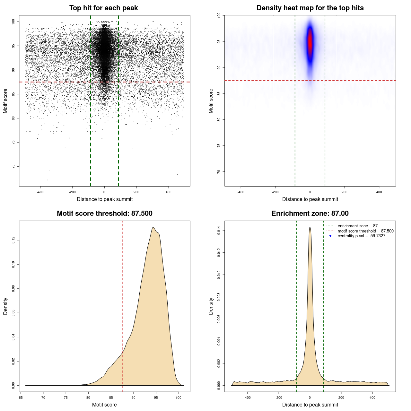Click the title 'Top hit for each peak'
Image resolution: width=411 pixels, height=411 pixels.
103,8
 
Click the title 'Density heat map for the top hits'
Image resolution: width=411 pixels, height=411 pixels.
310,8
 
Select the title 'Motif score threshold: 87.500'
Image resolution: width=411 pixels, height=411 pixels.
104,214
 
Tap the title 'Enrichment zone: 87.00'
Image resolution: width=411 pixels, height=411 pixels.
310,214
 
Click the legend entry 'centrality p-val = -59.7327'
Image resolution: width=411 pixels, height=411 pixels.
361,236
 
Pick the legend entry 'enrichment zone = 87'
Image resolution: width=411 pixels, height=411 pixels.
357,226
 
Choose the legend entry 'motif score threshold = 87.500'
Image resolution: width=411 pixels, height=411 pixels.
365,231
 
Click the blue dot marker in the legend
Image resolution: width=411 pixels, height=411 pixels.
330,236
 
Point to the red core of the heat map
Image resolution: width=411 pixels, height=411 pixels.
310,42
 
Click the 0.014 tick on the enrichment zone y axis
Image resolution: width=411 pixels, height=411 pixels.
219,231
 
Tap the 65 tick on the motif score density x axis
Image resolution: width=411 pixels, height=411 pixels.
21,398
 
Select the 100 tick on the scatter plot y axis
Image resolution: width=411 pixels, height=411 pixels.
13,22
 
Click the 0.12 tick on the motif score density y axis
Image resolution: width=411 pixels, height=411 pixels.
13,240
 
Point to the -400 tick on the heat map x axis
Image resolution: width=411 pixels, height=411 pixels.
240,192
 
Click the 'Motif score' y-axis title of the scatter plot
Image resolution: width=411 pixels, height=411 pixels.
5,101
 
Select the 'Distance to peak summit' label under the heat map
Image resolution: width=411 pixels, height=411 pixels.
310,199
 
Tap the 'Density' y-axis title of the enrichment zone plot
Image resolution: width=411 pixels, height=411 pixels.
211,306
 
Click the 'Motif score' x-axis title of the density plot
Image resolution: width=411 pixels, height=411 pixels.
104,405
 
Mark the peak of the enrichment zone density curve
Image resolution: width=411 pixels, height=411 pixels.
310,227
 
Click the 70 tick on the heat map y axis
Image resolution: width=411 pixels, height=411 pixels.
219,172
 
